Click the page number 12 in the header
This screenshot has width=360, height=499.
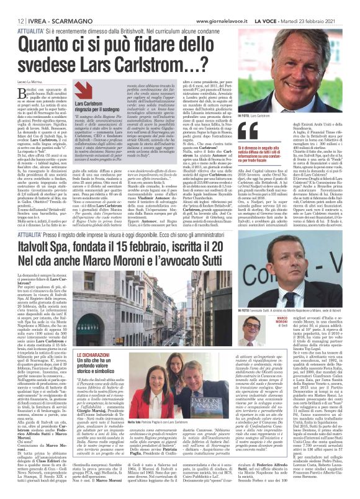(12, 6)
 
